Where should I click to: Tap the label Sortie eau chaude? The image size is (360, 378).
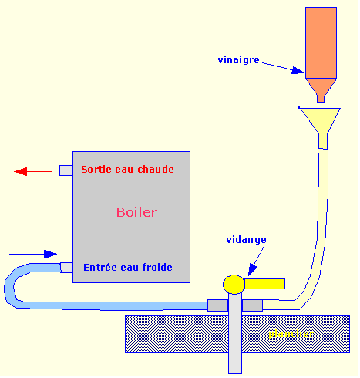coord(127,169)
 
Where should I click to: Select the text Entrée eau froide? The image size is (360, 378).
coord(127,267)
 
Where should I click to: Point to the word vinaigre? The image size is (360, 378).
coord(240,59)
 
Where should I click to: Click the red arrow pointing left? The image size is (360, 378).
coord(32,171)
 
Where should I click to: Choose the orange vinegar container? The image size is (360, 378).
coord(321,42)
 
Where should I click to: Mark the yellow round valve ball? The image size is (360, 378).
coord(234,285)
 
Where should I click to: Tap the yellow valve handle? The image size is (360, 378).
coord(264,284)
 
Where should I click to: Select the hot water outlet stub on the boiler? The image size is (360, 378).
coord(66,170)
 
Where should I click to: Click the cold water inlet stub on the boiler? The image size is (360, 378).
coord(66,268)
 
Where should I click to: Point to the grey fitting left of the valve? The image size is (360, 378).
coord(217,305)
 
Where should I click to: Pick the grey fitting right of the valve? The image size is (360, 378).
coord(253,305)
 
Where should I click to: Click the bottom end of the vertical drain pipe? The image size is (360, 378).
coord(235,367)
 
